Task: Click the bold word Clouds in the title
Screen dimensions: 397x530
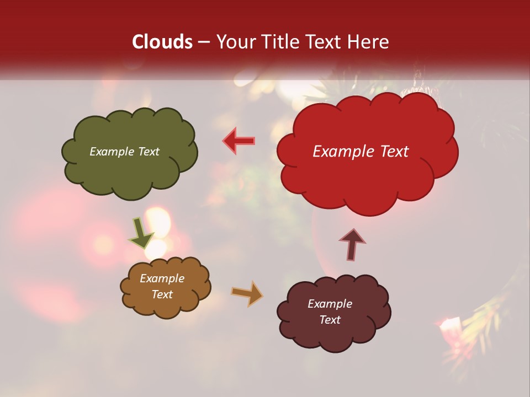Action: coord(162,42)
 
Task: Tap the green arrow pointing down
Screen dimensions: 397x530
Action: coord(141,233)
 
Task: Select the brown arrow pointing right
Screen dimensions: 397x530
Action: coord(247,294)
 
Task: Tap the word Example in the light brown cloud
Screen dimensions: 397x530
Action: coord(162,278)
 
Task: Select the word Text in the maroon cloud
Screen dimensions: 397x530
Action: coord(330,320)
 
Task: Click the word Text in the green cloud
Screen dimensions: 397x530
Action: coord(149,152)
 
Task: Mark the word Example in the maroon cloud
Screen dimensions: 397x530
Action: coord(330,304)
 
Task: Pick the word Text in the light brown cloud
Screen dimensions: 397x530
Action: coord(162,294)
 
